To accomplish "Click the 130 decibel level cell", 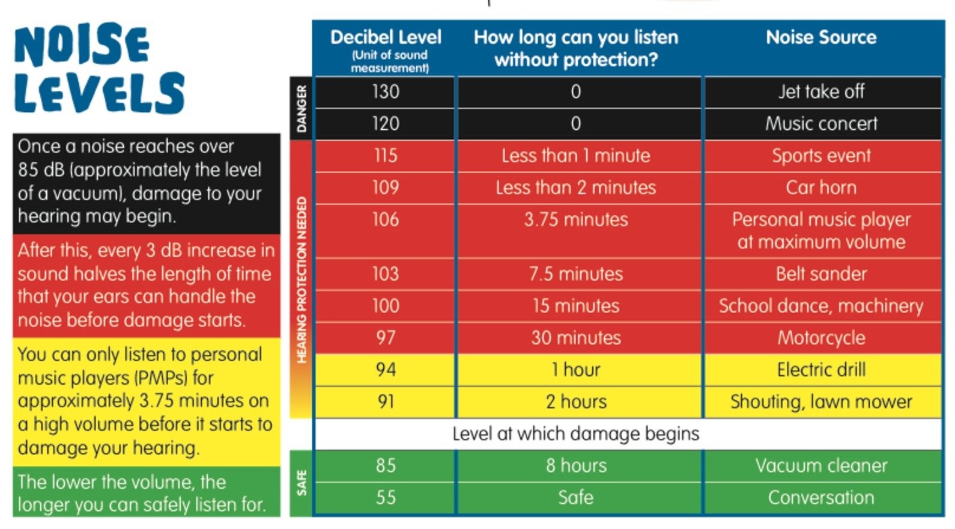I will [385, 92].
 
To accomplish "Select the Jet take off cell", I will [821, 92].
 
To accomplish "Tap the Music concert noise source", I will [821, 124].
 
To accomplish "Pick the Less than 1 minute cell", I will [576, 156].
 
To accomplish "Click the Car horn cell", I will [821, 188].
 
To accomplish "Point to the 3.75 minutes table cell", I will [576, 219].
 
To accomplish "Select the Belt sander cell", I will [821, 274].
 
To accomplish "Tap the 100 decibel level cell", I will [385, 306].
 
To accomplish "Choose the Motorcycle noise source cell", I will [821, 338].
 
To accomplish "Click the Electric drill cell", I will [821, 370].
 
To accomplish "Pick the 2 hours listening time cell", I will [576, 402].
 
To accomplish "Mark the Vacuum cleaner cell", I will [821, 466].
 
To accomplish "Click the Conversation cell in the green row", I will [821, 498].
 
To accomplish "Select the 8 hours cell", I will [576, 466].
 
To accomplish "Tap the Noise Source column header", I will [821, 38].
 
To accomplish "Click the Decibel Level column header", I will [386, 38].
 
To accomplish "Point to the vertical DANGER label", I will [302, 108].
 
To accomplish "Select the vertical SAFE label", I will [302, 483].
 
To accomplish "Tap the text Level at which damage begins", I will [576, 433].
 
